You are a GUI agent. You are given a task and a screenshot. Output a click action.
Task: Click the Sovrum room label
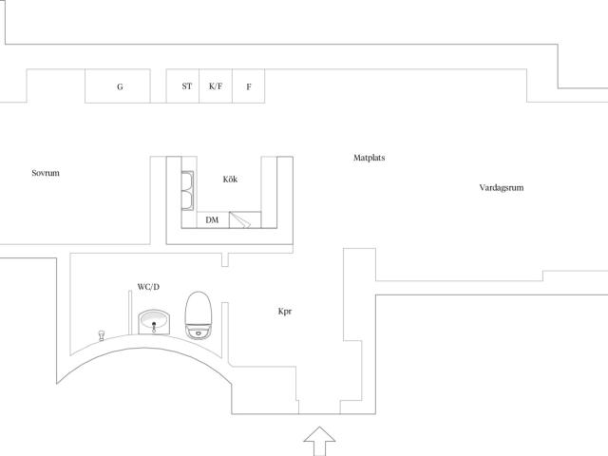pyautogui.click(x=46, y=173)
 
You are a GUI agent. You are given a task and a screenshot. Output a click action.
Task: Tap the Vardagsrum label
pyautogui.click(x=502, y=188)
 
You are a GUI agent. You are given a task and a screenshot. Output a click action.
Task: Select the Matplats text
pyautogui.click(x=370, y=158)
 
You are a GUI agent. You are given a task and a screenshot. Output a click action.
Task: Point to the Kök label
pyautogui.click(x=230, y=180)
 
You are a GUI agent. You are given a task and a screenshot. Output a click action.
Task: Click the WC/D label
pyautogui.click(x=148, y=287)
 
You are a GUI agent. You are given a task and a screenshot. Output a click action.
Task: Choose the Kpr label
pyautogui.click(x=285, y=312)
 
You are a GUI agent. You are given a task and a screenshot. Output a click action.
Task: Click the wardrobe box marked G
pyautogui.click(x=118, y=86)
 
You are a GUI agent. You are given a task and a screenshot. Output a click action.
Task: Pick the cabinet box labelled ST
pyautogui.click(x=182, y=86)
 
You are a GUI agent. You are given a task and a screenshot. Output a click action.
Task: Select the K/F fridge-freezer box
pyautogui.click(x=216, y=86)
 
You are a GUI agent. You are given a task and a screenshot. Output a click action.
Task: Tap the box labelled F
pyautogui.click(x=249, y=86)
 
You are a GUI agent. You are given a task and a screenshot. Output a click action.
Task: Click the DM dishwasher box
pyautogui.click(x=213, y=219)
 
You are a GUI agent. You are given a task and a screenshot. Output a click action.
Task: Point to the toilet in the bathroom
pyautogui.click(x=199, y=315)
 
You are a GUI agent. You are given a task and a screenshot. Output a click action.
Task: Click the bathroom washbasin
pyautogui.click(x=154, y=322)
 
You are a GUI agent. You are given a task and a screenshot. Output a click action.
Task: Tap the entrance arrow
pyautogui.click(x=319, y=441)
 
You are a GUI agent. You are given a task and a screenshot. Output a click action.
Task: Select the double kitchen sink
pyautogui.click(x=187, y=190)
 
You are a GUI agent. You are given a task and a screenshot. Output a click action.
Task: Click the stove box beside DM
pyautogui.click(x=245, y=219)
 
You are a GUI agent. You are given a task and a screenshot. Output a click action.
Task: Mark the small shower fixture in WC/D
pyautogui.click(x=102, y=335)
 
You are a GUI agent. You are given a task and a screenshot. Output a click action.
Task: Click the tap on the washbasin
pyautogui.click(x=154, y=327)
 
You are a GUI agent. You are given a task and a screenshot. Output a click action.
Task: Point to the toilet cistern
pyautogui.click(x=199, y=332)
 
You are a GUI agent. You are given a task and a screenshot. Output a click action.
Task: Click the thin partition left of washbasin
pyautogui.click(x=130, y=313)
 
